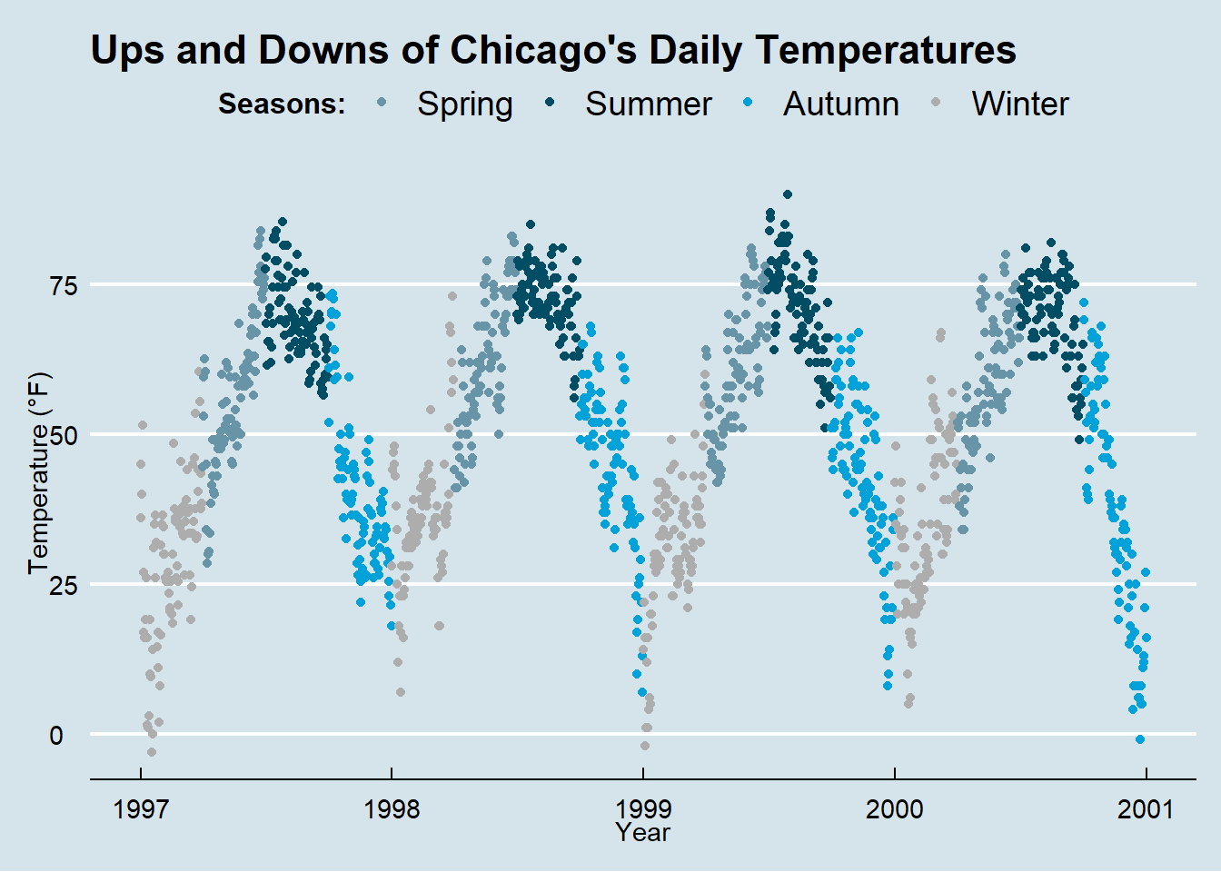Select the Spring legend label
[x=465, y=104]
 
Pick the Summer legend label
[x=648, y=104]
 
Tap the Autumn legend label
[x=840, y=104]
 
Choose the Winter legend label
[x=1020, y=104]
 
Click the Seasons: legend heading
[x=282, y=104]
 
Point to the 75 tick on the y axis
[x=64, y=285]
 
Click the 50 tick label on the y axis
[x=64, y=435]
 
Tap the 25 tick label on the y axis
[x=64, y=585]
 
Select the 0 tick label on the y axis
[x=57, y=735]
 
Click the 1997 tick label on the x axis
[x=141, y=808]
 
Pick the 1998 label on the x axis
[x=392, y=808]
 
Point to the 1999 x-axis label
[x=643, y=808]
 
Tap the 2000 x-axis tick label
[x=895, y=808]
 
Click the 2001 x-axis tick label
[x=1146, y=808]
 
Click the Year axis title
[x=642, y=832]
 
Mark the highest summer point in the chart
[x=788, y=194]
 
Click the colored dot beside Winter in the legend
[x=936, y=104]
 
